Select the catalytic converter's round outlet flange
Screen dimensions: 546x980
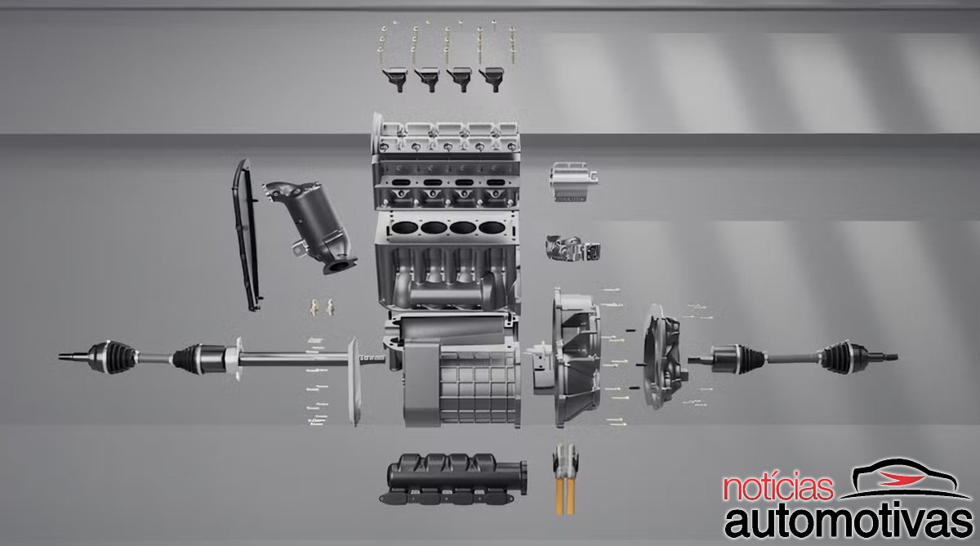click(x=340, y=265)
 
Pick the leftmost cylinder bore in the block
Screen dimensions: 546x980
click(x=403, y=228)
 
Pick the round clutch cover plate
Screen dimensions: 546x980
click(x=663, y=357)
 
